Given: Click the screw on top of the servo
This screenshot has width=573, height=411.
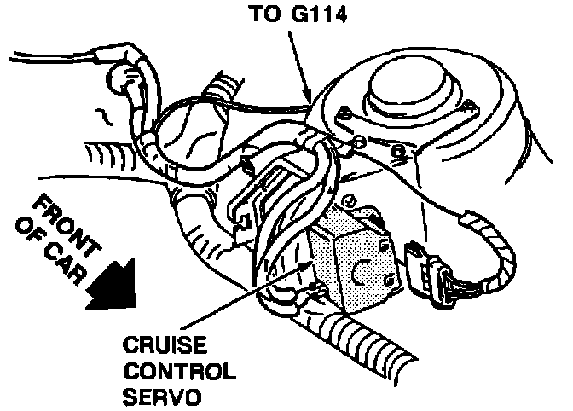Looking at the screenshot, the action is click(x=348, y=202).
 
